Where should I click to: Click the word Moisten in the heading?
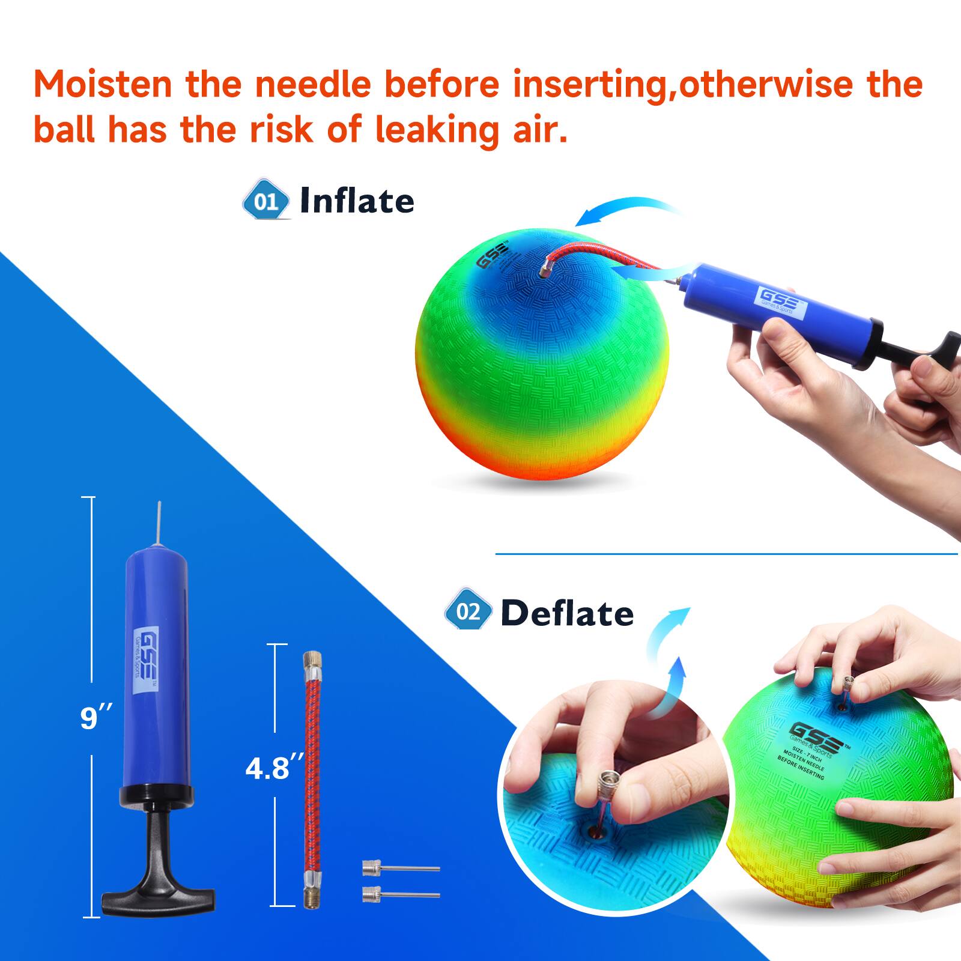(102, 84)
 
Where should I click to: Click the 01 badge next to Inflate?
(265, 200)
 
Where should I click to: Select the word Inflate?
(357, 201)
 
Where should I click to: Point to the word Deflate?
(567, 613)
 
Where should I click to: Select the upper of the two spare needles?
(400, 869)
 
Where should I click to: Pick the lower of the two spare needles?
(400, 895)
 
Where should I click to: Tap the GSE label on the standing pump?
(144, 661)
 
